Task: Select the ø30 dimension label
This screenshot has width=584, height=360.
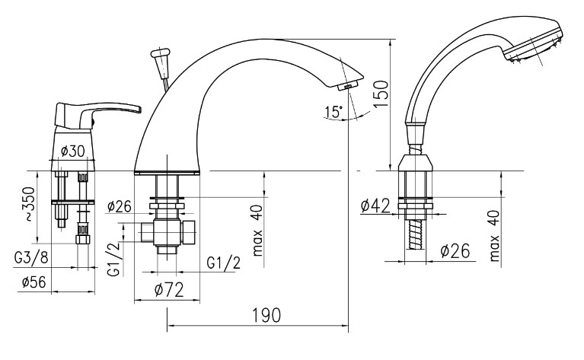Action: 72,151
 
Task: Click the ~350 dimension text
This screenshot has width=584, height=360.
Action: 27,205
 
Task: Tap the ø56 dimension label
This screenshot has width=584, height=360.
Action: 35,282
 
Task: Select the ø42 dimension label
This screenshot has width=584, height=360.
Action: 375,205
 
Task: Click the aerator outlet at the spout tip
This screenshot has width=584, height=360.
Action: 351,85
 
